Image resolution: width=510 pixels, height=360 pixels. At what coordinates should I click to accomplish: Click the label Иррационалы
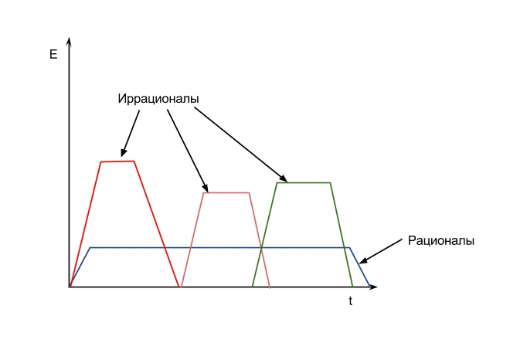click(x=158, y=99)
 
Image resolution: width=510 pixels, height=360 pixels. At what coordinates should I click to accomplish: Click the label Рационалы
click(x=440, y=241)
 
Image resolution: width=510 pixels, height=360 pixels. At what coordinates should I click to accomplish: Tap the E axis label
click(x=53, y=54)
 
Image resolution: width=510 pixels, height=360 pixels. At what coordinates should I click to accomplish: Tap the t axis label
click(x=350, y=301)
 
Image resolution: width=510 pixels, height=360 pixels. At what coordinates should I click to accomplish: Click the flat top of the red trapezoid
click(x=117, y=161)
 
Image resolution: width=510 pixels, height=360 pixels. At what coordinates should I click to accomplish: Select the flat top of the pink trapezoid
click(x=226, y=193)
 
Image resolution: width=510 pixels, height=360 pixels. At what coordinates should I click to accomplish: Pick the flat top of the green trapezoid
click(x=304, y=183)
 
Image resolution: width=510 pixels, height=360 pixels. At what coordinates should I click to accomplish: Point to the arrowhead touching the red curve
click(x=123, y=153)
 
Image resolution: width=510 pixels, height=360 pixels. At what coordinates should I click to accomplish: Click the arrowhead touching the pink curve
click(x=206, y=188)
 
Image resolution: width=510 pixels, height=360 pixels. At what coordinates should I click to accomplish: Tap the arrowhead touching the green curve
click(x=284, y=178)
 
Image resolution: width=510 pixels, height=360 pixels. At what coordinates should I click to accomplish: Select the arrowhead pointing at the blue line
click(x=362, y=260)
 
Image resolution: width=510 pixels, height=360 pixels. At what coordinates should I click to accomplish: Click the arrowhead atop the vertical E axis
click(x=69, y=42)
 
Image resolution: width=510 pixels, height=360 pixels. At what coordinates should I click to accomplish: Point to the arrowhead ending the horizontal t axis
click(x=373, y=287)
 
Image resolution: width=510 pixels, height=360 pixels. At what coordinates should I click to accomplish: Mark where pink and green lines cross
click(x=261, y=248)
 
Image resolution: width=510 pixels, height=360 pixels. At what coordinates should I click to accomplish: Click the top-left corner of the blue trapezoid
click(x=90, y=248)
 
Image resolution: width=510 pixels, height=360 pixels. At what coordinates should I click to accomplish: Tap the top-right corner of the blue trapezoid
click(x=349, y=248)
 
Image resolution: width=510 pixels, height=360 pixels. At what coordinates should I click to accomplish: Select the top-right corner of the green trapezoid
click(x=331, y=183)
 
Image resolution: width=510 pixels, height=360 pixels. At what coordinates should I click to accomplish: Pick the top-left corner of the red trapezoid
click(x=101, y=161)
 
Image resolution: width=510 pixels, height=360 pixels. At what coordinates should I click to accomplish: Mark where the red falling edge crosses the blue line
click(x=165, y=248)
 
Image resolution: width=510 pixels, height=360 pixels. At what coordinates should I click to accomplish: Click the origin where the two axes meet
click(x=69, y=287)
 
